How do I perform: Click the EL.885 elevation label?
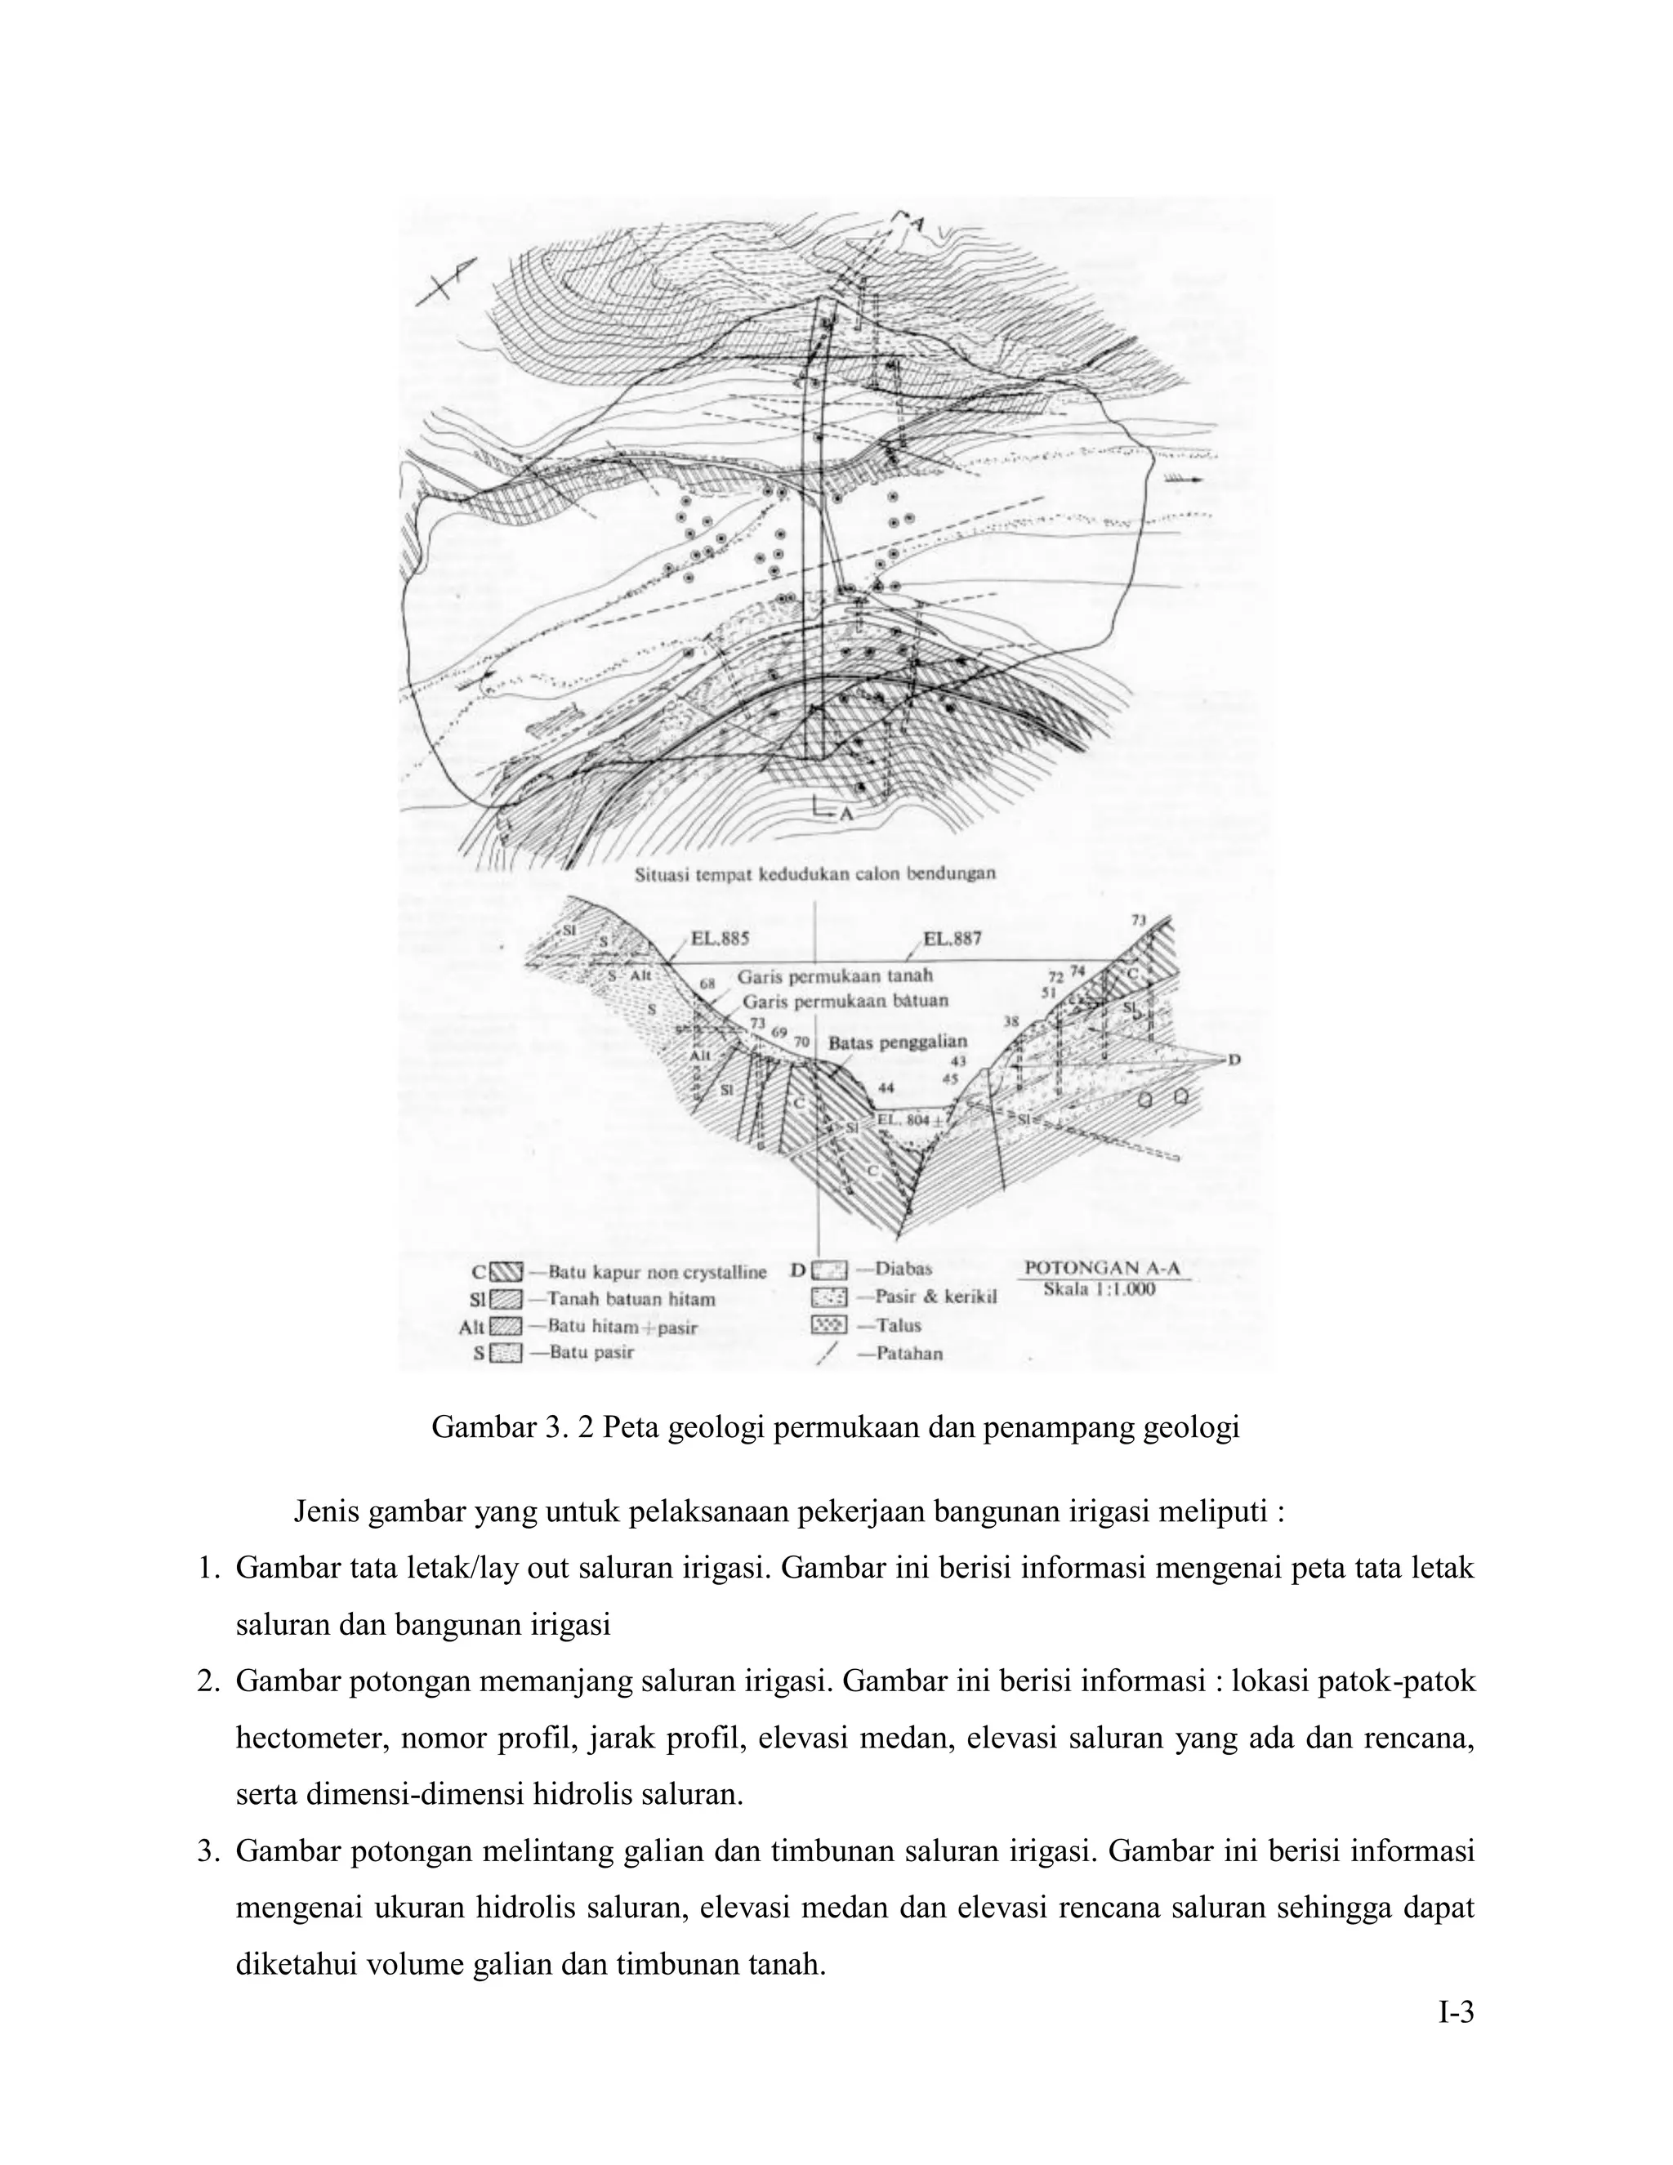point(720,938)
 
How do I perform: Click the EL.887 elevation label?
point(952,938)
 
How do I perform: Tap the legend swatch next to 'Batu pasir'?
point(507,1352)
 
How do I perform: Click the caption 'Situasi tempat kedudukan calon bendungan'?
point(814,873)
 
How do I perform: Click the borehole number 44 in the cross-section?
point(886,1087)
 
